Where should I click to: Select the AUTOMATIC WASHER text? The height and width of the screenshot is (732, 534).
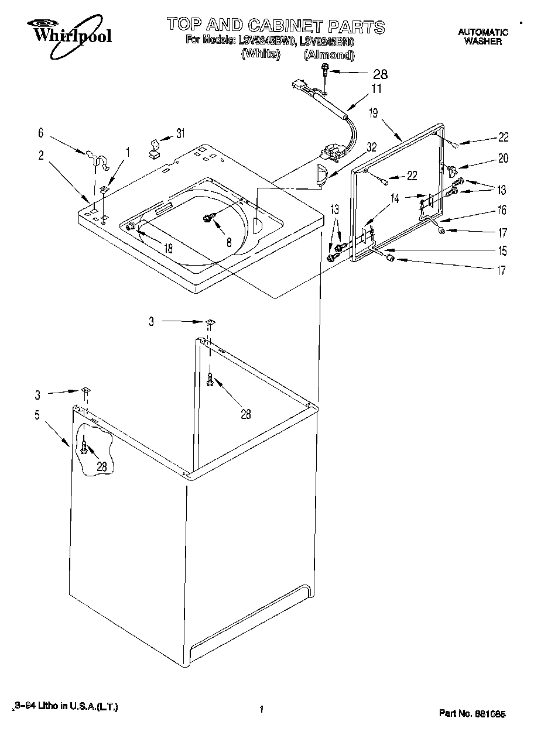pyautogui.click(x=482, y=37)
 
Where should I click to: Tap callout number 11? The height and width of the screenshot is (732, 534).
pyautogui.click(x=376, y=89)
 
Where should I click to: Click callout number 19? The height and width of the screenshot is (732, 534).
pyautogui.click(x=373, y=114)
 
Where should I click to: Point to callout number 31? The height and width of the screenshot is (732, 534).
pyautogui.click(x=180, y=133)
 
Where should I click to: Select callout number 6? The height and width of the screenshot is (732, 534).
pyautogui.click(x=41, y=133)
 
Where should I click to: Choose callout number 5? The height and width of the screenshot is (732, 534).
pyautogui.click(x=37, y=415)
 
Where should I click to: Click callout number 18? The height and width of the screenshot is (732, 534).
pyautogui.click(x=168, y=248)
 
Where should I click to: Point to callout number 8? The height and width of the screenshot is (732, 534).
pyautogui.click(x=229, y=240)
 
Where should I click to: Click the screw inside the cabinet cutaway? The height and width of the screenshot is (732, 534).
pyautogui.click(x=85, y=449)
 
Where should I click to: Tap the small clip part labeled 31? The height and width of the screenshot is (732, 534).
pyautogui.click(x=155, y=149)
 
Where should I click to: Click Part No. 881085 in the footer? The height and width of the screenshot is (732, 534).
pyautogui.click(x=472, y=714)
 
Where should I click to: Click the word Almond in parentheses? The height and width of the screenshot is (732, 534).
pyautogui.click(x=329, y=55)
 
